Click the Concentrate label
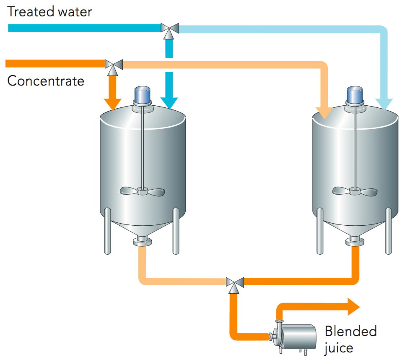(x=46, y=81)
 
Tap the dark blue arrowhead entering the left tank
(x=169, y=103)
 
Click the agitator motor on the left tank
(x=143, y=96)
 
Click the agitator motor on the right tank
(x=355, y=96)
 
